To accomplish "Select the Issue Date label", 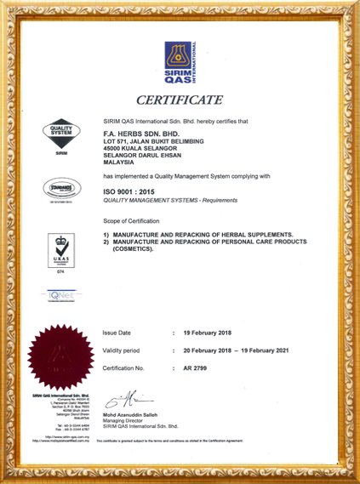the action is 117,333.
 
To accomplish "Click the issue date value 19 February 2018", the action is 207,333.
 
